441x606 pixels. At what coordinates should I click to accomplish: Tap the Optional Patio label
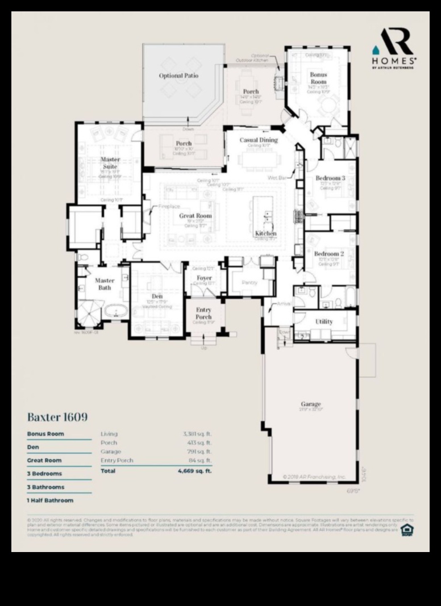178,76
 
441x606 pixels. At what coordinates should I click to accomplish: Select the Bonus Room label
318,78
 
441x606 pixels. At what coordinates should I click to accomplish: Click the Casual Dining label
259,140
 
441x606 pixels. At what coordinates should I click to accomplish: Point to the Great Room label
195,216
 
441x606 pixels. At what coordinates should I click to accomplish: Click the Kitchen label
265,233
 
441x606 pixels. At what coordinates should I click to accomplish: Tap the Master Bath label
105,284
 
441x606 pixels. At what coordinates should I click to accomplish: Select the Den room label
157,296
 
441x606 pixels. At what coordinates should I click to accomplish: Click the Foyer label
204,278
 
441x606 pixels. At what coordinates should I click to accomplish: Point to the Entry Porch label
203,313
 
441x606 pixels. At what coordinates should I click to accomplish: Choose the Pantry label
249,282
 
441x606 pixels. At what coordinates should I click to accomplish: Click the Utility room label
324,321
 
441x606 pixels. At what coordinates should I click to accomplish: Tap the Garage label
311,404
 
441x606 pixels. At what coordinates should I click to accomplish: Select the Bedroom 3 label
330,178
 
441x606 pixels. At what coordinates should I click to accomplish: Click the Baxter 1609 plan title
57,417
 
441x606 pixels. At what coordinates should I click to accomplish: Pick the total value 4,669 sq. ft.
194,471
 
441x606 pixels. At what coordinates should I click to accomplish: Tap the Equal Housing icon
407,530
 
